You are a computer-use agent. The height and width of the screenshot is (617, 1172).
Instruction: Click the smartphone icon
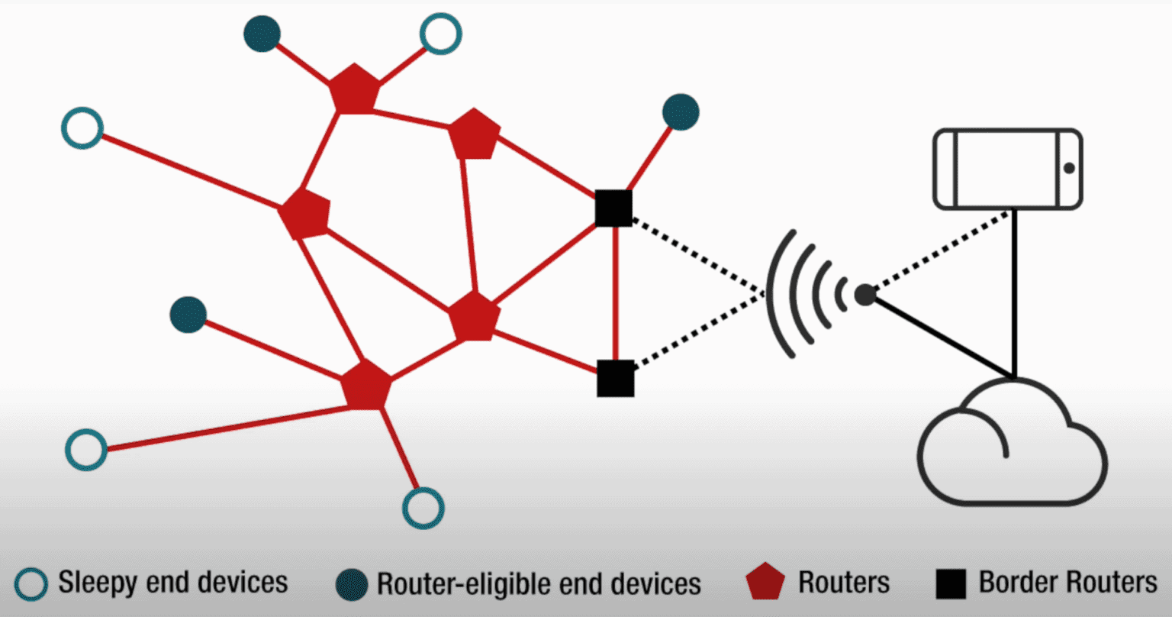tap(1007, 169)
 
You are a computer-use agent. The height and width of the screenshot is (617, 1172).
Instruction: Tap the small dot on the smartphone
tap(1069, 168)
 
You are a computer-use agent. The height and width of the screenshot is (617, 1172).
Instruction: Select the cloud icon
tap(1012, 443)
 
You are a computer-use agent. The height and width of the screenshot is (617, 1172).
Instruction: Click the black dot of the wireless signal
tap(865, 295)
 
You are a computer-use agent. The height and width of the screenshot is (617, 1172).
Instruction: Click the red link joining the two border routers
tap(614, 294)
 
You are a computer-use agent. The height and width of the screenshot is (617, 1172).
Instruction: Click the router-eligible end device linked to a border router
tap(681, 112)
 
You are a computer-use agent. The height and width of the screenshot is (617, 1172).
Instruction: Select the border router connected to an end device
tap(613, 208)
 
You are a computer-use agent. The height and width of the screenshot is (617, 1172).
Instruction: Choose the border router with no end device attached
tap(615, 378)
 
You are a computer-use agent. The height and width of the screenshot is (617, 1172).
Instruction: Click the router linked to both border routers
tap(474, 318)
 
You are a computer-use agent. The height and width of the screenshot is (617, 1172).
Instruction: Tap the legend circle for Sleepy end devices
tap(32, 584)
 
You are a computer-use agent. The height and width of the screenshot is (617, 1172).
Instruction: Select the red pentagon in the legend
tap(765, 584)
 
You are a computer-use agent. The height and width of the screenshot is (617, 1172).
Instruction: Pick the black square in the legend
tap(951, 584)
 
